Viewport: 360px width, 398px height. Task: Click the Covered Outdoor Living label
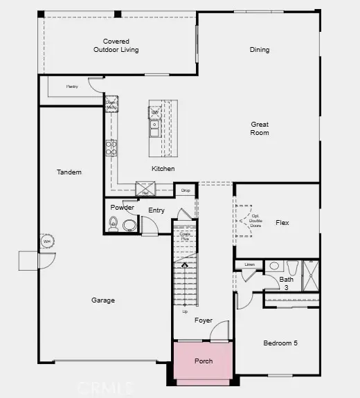click(x=116, y=46)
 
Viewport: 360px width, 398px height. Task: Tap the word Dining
click(x=260, y=50)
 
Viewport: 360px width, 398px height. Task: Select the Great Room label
click(x=260, y=128)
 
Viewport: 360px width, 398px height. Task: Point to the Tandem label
click(x=69, y=172)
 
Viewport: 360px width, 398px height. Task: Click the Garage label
click(x=102, y=300)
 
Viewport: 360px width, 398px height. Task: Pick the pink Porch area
click(x=203, y=363)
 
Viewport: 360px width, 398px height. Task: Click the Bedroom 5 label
click(x=280, y=343)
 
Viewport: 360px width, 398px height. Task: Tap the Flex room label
click(x=282, y=223)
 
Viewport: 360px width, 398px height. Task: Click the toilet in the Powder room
click(x=114, y=223)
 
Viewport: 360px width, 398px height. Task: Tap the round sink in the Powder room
click(x=129, y=224)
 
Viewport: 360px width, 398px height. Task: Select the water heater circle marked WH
click(x=48, y=242)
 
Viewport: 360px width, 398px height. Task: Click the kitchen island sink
click(x=156, y=125)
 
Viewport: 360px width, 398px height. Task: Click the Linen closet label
click(x=249, y=264)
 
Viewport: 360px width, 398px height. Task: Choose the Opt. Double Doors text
click(x=255, y=220)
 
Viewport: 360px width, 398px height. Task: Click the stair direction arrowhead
click(x=184, y=264)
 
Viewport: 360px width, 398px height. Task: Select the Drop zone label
click(x=185, y=190)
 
